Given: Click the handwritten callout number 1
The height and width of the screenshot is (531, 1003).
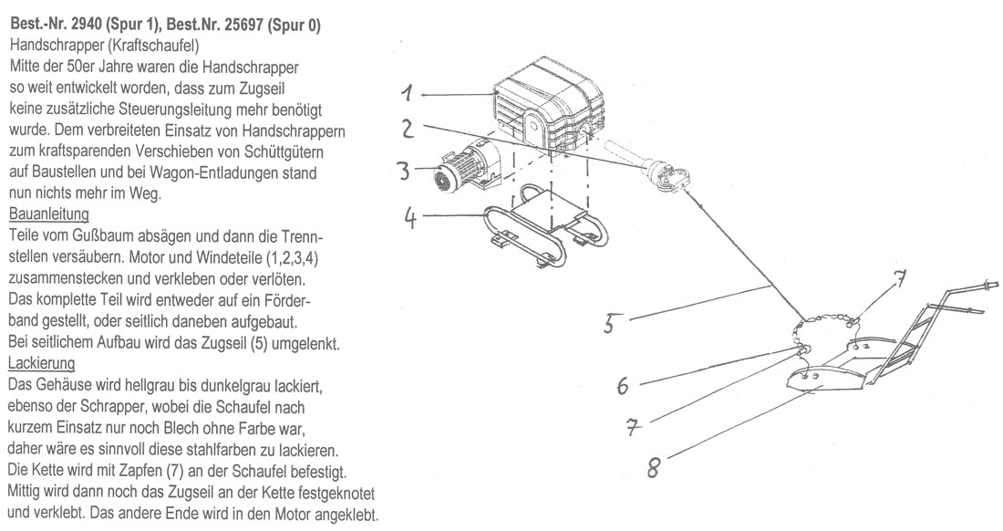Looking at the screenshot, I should tap(408, 93).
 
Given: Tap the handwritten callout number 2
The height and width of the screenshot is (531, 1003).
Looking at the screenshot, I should tap(409, 129).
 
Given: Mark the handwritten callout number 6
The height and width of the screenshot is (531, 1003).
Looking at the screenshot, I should tap(622, 386).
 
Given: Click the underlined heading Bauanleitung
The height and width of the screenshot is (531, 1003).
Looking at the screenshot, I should tap(47, 214).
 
